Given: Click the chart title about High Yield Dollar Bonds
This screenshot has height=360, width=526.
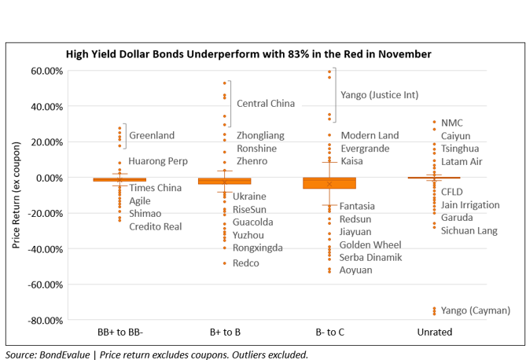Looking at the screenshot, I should pyautogui.click(x=248, y=53).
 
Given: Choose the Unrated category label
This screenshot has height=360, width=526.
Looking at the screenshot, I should pyautogui.click(x=433, y=332).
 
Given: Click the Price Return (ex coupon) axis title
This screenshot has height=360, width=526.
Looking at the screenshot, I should pyautogui.click(x=17, y=196).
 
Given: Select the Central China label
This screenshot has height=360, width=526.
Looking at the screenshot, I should pyautogui.click(x=266, y=103).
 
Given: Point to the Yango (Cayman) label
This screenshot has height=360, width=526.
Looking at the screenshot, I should pyautogui.click(x=476, y=310).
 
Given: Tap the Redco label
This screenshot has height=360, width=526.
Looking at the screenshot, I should pyautogui.click(x=245, y=263).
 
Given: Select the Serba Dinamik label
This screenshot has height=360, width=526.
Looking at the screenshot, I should pyautogui.click(x=370, y=257).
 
